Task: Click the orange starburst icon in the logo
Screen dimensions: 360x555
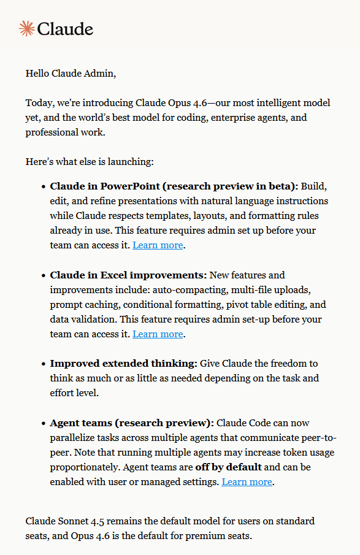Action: click(26, 28)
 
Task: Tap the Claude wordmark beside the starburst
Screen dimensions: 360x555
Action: click(65, 29)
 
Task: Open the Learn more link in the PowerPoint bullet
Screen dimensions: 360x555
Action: click(158, 245)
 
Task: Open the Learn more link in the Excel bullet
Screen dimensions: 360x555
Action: click(158, 334)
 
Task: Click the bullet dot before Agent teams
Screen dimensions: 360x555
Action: click(43, 423)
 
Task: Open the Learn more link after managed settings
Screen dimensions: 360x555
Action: click(247, 482)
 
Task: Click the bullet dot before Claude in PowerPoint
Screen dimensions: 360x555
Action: click(43, 186)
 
